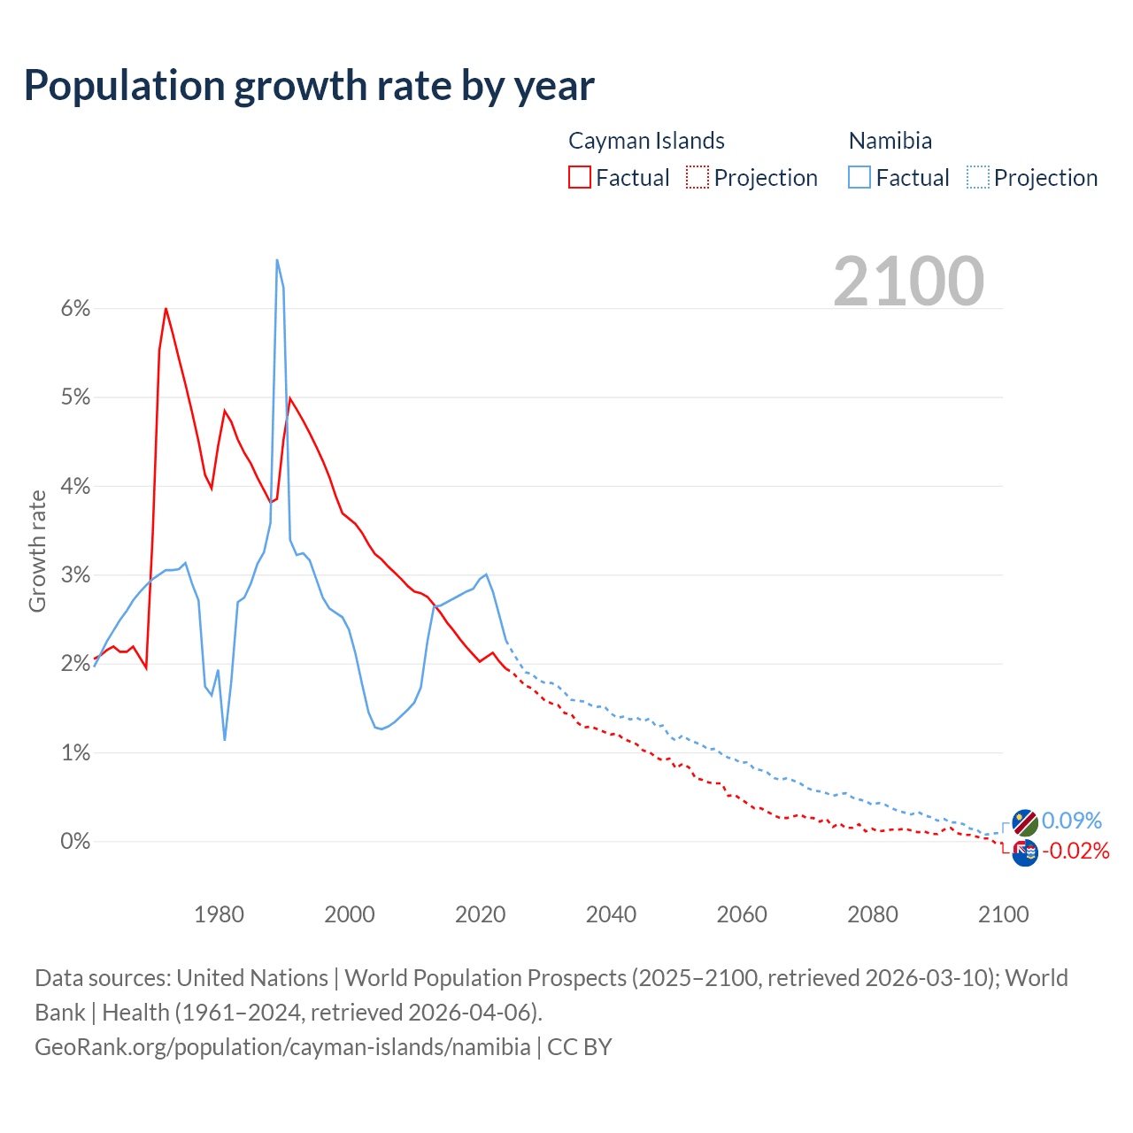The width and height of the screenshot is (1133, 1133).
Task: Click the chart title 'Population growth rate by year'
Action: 309,86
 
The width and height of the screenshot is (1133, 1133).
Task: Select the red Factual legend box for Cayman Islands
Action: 579,177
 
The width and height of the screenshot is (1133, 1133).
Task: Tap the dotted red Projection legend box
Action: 697,177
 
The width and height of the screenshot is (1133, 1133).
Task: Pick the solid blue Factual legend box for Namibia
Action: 859,177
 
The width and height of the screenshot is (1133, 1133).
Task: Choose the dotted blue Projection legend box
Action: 977,177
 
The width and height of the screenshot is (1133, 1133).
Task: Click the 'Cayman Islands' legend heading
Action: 646,141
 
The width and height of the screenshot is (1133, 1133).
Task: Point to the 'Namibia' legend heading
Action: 890,141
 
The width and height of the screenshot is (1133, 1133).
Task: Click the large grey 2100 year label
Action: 908,281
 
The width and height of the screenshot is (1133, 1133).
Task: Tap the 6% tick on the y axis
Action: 75,309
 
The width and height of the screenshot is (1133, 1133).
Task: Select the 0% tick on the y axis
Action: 75,841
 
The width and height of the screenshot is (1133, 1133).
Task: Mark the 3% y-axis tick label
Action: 75,575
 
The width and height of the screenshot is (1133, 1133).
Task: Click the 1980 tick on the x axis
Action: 219,914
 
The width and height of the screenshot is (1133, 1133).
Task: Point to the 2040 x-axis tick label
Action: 611,914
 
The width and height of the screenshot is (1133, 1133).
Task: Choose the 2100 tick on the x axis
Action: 1003,914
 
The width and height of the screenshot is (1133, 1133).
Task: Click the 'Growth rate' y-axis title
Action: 37,551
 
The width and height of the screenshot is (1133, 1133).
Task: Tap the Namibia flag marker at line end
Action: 1025,822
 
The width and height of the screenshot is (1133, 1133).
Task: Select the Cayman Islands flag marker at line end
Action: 1025,852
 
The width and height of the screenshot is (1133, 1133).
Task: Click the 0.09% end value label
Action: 1072,821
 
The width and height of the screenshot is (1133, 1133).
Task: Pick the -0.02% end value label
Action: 1075,852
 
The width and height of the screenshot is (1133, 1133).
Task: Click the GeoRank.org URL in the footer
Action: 282,1047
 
